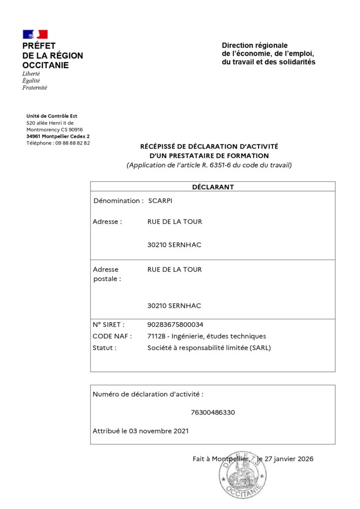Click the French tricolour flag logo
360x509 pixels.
(x=35, y=34)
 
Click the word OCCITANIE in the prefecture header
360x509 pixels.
(x=46, y=66)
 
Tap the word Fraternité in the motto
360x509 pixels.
(x=35, y=87)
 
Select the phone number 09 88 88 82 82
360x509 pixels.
(x=73, y=143)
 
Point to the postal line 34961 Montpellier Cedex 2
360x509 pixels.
(x=58, y=136)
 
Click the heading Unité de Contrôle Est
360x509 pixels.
(x=52, y=116)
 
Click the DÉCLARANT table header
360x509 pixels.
(x=213, y=187)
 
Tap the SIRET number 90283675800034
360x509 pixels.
(x=176, y=324)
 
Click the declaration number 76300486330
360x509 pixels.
(x=213, y=413)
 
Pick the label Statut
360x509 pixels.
(x=104, y=348)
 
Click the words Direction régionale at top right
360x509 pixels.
(x=255, y=45)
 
